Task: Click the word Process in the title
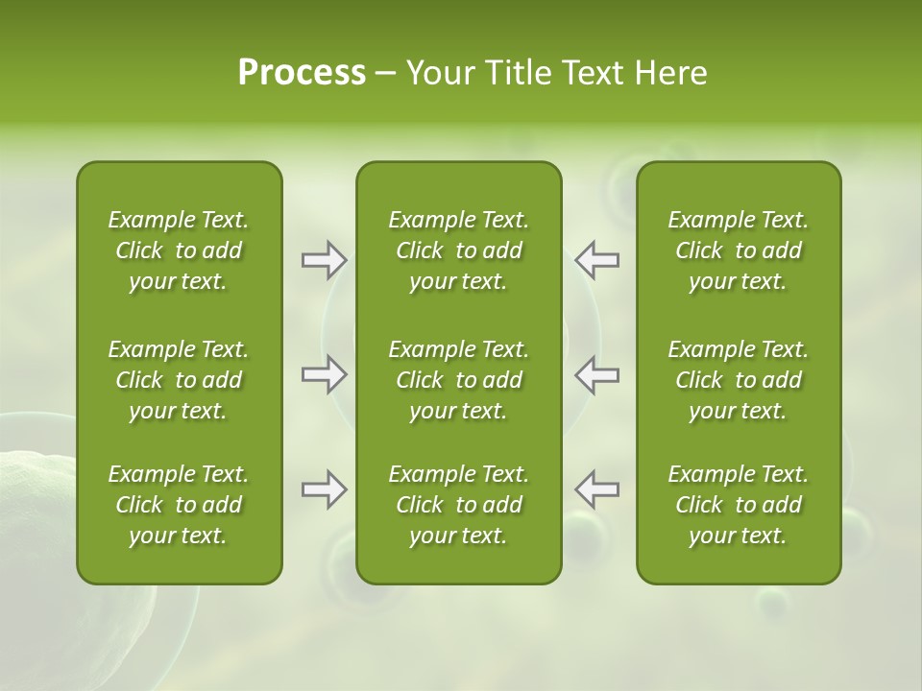(302, 73)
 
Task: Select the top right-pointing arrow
(324, 260)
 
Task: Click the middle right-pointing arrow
(324, 374)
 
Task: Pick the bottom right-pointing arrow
(324, 489)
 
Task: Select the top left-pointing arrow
(597, 260)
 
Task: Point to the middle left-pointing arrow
(597, 374)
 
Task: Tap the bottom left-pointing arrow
(597, 489)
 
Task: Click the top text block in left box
(179, 250)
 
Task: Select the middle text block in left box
(179, 380)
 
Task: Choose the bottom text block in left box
(179, 505)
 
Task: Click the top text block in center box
(459, 250)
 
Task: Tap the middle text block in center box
(459, 380)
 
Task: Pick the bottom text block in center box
(459, 505)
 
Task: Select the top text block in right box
(739, 250)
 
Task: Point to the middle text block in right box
(739, 380)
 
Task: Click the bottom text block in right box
(739, 505)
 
